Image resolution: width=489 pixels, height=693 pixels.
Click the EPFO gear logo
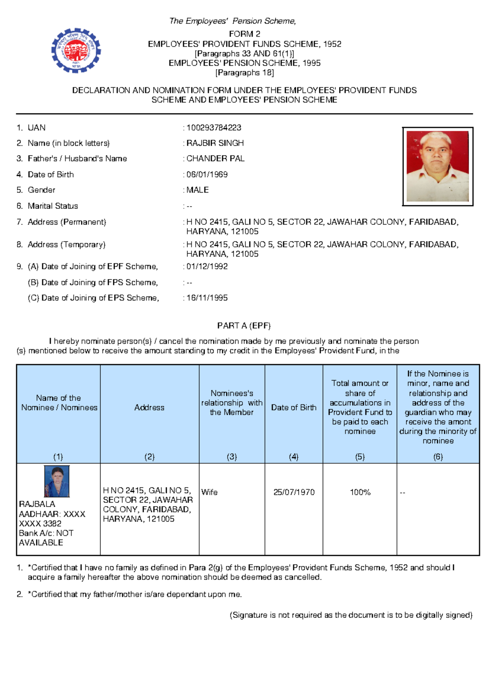76,51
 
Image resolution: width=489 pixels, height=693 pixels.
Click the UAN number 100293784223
214,128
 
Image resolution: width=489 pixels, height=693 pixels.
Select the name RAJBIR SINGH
215,143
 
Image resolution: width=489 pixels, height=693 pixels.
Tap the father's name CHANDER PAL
215,159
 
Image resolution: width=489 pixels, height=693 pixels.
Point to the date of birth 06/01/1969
207,175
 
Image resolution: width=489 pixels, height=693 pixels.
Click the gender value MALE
197,190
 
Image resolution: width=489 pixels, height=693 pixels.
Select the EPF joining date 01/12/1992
207,267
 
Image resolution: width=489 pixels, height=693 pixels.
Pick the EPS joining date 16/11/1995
207,298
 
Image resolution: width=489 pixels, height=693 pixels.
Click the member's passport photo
438,166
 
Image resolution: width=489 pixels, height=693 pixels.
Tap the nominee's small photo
57,481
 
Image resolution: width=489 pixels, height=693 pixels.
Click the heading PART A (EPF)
244,326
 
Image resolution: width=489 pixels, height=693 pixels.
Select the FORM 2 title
244,34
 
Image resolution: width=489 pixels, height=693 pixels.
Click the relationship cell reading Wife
209,492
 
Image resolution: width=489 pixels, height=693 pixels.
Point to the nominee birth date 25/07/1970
294,492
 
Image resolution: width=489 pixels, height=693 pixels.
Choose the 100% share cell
360,492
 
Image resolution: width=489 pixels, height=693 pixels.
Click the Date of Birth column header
294,407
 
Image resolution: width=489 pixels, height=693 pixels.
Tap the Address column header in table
150,407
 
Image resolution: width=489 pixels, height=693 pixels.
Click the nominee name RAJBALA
37,504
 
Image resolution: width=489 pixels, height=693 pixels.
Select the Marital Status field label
53,206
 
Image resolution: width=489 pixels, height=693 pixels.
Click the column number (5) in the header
360,457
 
